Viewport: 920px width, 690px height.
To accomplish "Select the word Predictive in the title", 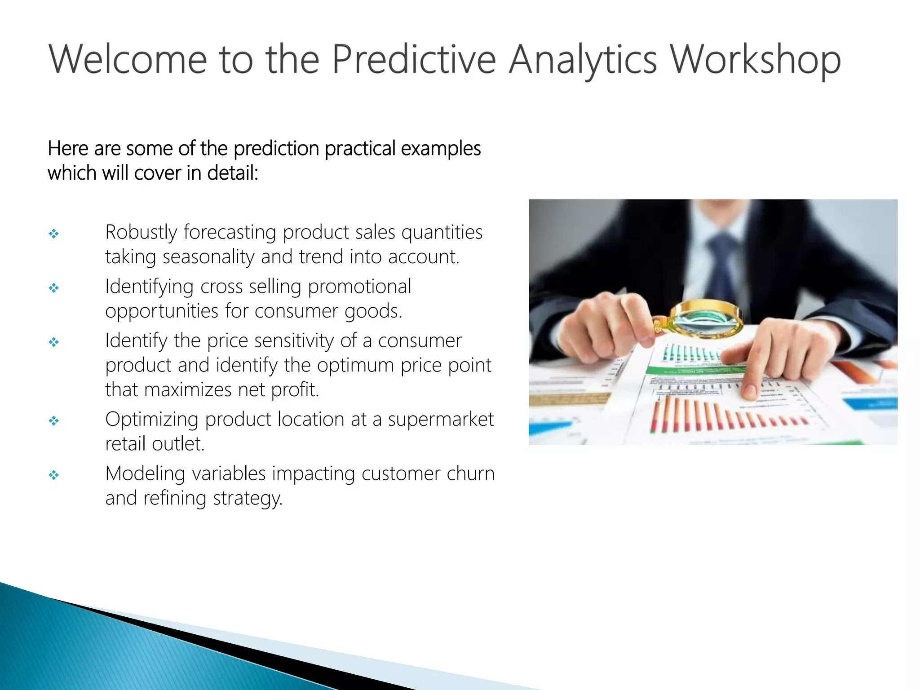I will [x=413, y=60].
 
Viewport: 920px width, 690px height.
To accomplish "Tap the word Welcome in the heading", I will [x=128, y=60].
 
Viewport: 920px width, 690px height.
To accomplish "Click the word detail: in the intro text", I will [x=232, y=173].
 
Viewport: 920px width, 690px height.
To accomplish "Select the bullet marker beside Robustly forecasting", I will [x=54, y=234].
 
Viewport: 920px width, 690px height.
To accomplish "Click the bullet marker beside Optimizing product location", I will [x=54, y=421].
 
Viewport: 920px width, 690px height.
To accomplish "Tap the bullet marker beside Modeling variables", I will [x=54, y=475].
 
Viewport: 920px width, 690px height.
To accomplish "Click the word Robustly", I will [x=141, y=233].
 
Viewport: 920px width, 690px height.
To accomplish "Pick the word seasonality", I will [x=208, y=257].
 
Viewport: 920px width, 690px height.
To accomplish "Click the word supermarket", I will [x=440, y=420].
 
